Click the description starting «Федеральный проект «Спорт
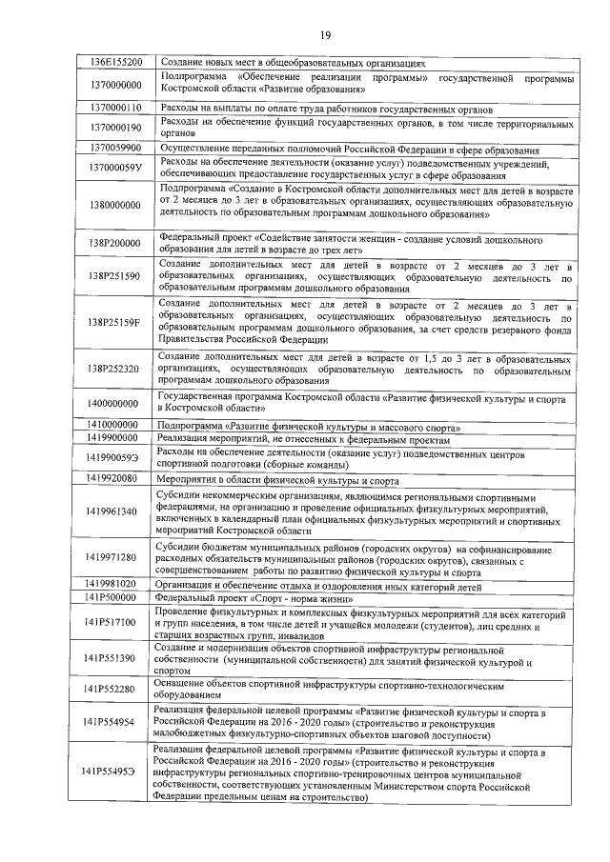pos(258,597)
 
